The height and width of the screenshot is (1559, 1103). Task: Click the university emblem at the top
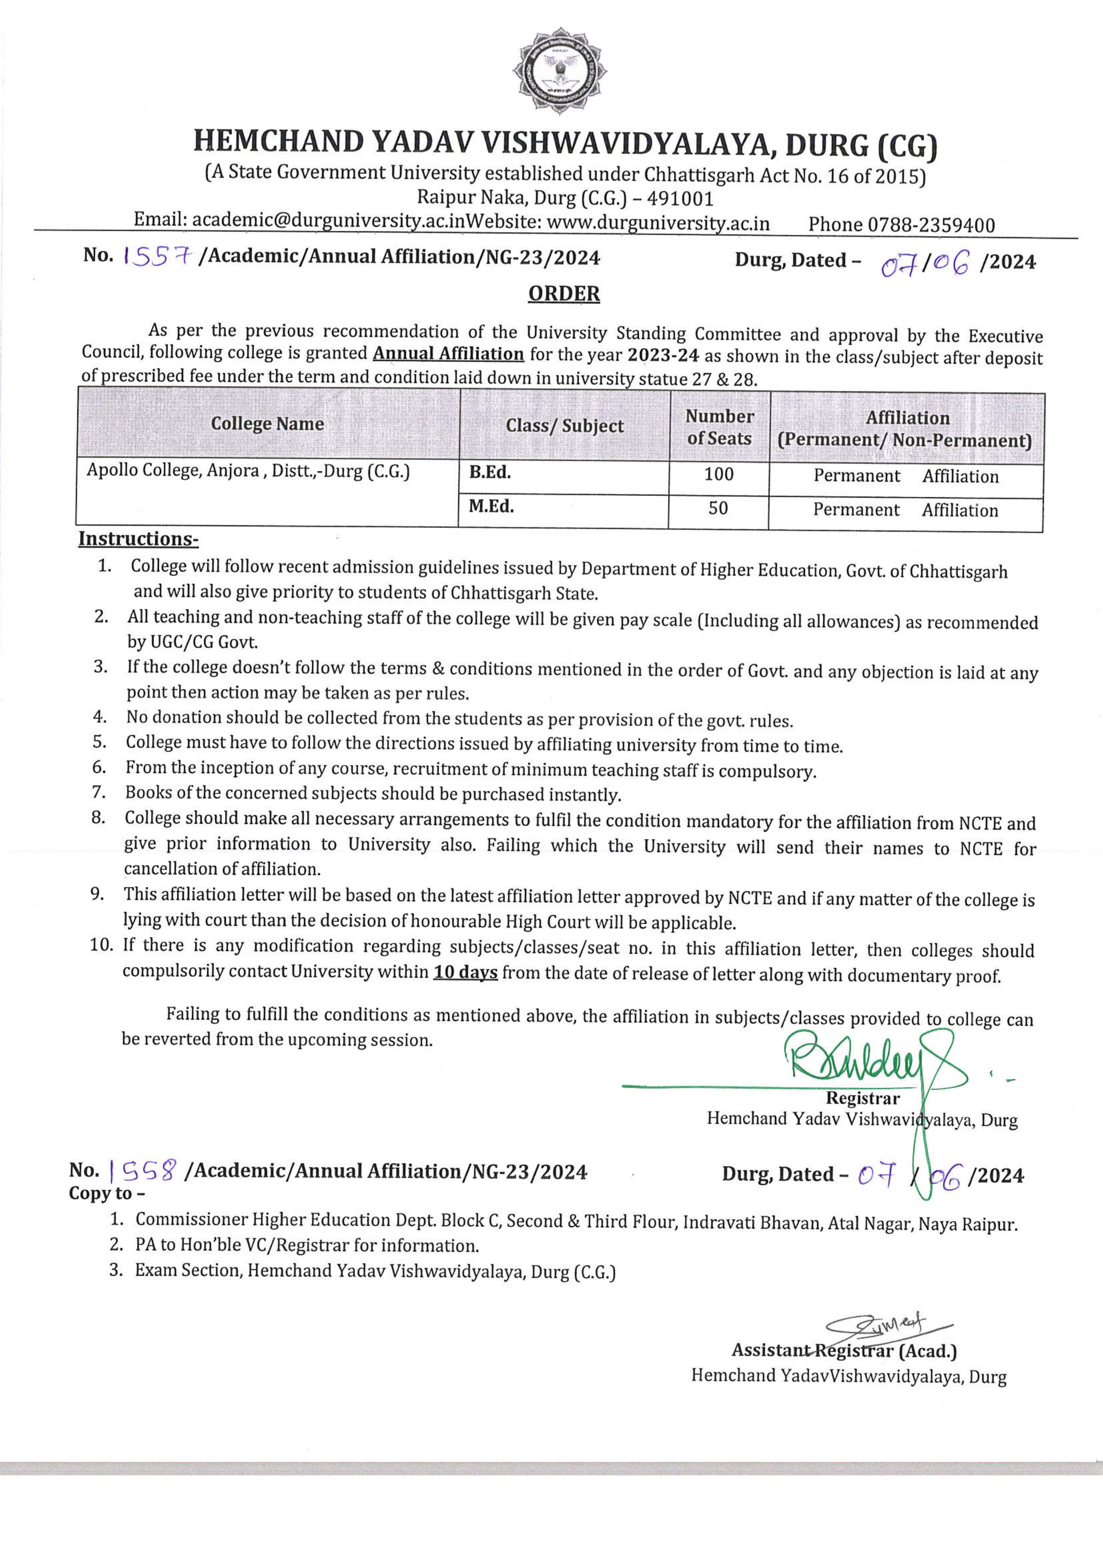[x=559, y=71]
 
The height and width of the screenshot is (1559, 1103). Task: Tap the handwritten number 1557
[x=157, y=257]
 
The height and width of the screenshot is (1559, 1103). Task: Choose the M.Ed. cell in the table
[x=491, y=507]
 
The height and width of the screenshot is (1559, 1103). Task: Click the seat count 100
[x=719, y=474]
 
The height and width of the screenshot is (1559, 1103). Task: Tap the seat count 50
[x=718, y=508]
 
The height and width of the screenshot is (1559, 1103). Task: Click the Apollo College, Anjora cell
[x=248, y=471]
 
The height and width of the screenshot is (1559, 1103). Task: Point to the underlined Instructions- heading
[x=138, y=539]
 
